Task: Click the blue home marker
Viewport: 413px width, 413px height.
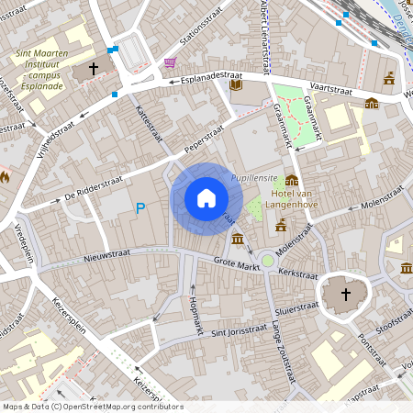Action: click(x=206, y=198)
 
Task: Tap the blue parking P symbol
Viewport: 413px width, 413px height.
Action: click(x=140, y=209)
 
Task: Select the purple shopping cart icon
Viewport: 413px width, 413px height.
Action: click(x=170, y=62)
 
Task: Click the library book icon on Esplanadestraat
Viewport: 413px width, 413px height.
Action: click(x=236, y=84)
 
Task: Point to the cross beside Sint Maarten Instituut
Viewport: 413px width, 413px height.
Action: click(x=93, y=69)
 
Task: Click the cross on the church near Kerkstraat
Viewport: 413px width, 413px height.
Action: click(x=346, y=295)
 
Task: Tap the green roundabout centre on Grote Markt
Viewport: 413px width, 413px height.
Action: click(x=267, y=262)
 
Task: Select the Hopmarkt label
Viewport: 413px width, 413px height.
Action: click(x=194, y=314)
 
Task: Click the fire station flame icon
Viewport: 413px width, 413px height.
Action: click(x=5, y=175)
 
